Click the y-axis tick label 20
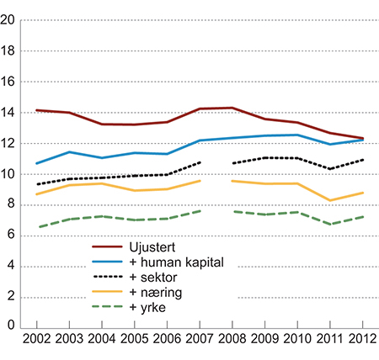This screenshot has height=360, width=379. [11, 22]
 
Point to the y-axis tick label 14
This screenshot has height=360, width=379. [11, 114]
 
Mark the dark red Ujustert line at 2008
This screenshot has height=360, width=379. [232, 108]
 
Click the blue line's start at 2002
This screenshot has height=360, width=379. [36, 163]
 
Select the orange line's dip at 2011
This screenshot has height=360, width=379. [330, 200]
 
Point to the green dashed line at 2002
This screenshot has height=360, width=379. [36, 226]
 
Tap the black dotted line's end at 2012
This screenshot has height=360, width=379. [363, 160]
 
